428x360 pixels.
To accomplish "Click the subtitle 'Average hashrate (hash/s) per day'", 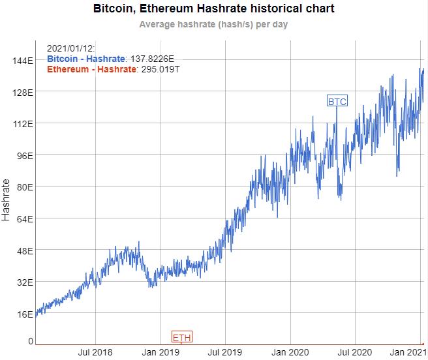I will (x=214, y=25).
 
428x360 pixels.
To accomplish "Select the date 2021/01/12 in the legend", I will (x=72, y=49).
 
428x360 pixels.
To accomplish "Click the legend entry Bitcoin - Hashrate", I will (x=86, y=59).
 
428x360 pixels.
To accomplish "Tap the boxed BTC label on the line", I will (x=337, y=101).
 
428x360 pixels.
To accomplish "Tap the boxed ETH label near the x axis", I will (x=182, y=337).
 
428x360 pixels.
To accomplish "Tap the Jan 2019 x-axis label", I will (x=161, y=353).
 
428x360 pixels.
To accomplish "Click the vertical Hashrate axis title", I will (x=7, y=200).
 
